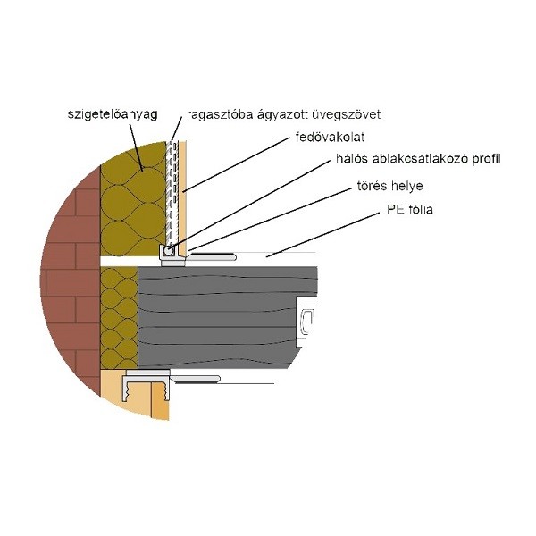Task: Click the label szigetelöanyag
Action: (x=113, y=114)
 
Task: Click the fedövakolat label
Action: (x=330, y=137)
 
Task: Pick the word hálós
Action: (x=352, y=159)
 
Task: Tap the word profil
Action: (x=487, y=159)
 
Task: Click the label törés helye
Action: (x=390, y=186)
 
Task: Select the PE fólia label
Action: (x=410, y=210)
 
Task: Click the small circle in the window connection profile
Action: (x=168, y=251)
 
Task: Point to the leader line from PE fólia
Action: (x=323, y=234)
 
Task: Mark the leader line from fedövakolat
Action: (x=236, y=165)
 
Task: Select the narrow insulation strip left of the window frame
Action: (x=120, y=318)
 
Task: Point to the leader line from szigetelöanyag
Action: (x=136, y=147)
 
